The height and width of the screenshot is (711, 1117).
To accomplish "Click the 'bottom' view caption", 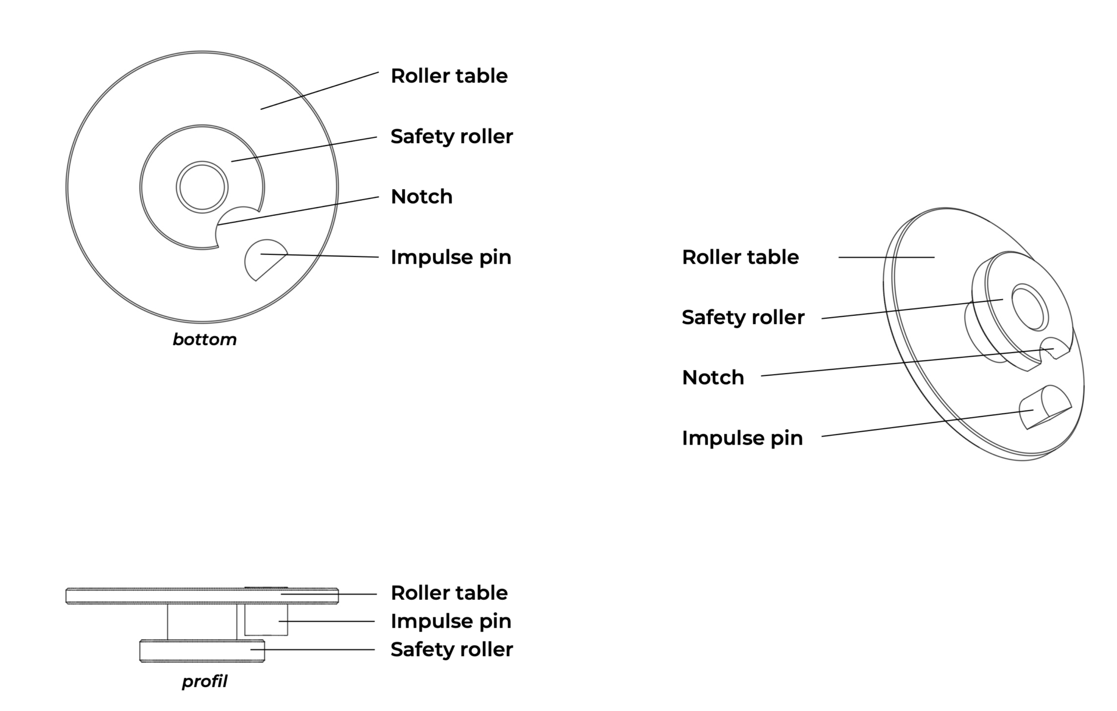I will click(204, 340).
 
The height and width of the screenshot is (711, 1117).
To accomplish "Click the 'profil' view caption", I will click(204, 681).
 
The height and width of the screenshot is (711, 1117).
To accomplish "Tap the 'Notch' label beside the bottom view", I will click(421, 197).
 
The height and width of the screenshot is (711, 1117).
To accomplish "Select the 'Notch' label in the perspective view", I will click(713, 378).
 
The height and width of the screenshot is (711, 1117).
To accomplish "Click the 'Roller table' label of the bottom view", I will click(449, 76).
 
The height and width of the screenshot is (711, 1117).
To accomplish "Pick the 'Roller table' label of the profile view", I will click(449, 593).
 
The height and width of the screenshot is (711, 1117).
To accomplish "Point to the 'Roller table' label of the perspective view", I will click(740, 257).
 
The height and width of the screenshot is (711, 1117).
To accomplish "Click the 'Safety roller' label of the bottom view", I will click(451, 136).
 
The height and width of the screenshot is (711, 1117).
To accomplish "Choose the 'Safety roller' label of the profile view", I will click(451, 649).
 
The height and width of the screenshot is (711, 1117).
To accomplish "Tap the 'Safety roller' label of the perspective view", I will click(743, 317).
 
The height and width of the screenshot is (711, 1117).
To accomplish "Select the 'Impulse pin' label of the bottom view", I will click(451, 257).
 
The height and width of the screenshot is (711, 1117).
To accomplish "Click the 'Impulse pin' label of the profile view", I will click(451, 621).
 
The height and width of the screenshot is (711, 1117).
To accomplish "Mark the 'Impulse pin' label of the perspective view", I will click(742, 438).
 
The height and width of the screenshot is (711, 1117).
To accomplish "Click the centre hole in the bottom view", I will click(202, 187).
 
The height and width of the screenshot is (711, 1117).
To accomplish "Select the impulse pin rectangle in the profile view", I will click(266, 620).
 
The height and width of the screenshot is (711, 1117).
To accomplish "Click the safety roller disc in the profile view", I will click(202, 651).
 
